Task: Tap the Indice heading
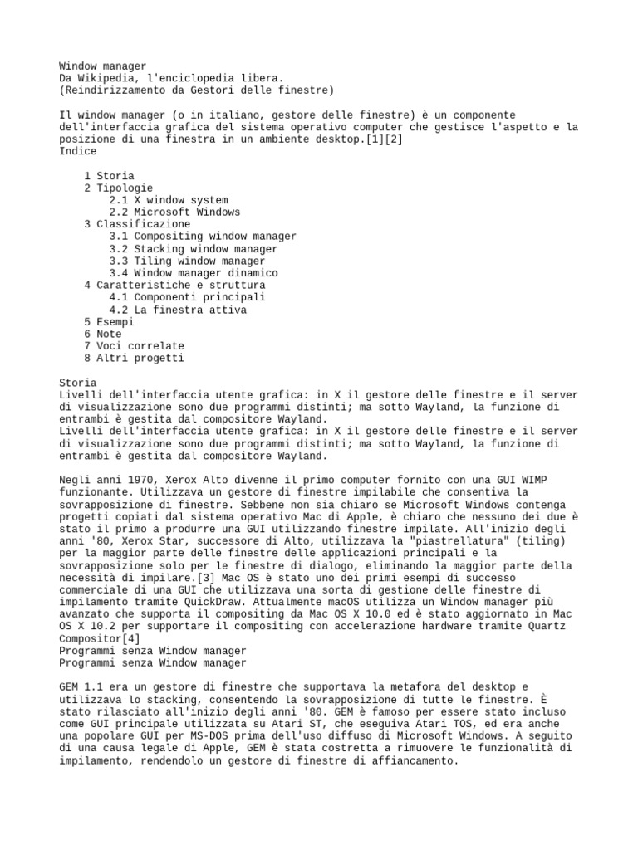click(x=78, y=151)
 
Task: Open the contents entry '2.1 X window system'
click(x=168, y=200)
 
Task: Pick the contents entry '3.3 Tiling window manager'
click(x=187, y=261)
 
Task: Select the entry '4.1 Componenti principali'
click(x=187, y=297)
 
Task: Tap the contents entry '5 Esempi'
click(x=109, y=321)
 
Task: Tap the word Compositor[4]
click(x=99, y=638)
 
